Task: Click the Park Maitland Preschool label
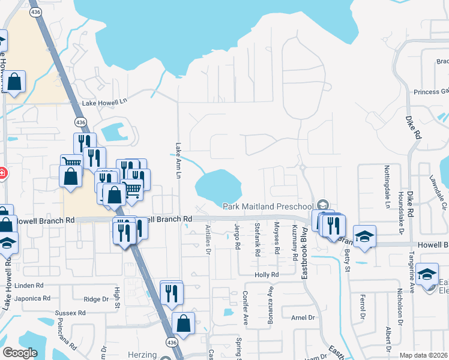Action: (270, 206)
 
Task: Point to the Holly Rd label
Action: (267, 274)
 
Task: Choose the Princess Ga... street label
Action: (431, 91)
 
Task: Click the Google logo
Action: (20, 353)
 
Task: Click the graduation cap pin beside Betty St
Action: (364, 236)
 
